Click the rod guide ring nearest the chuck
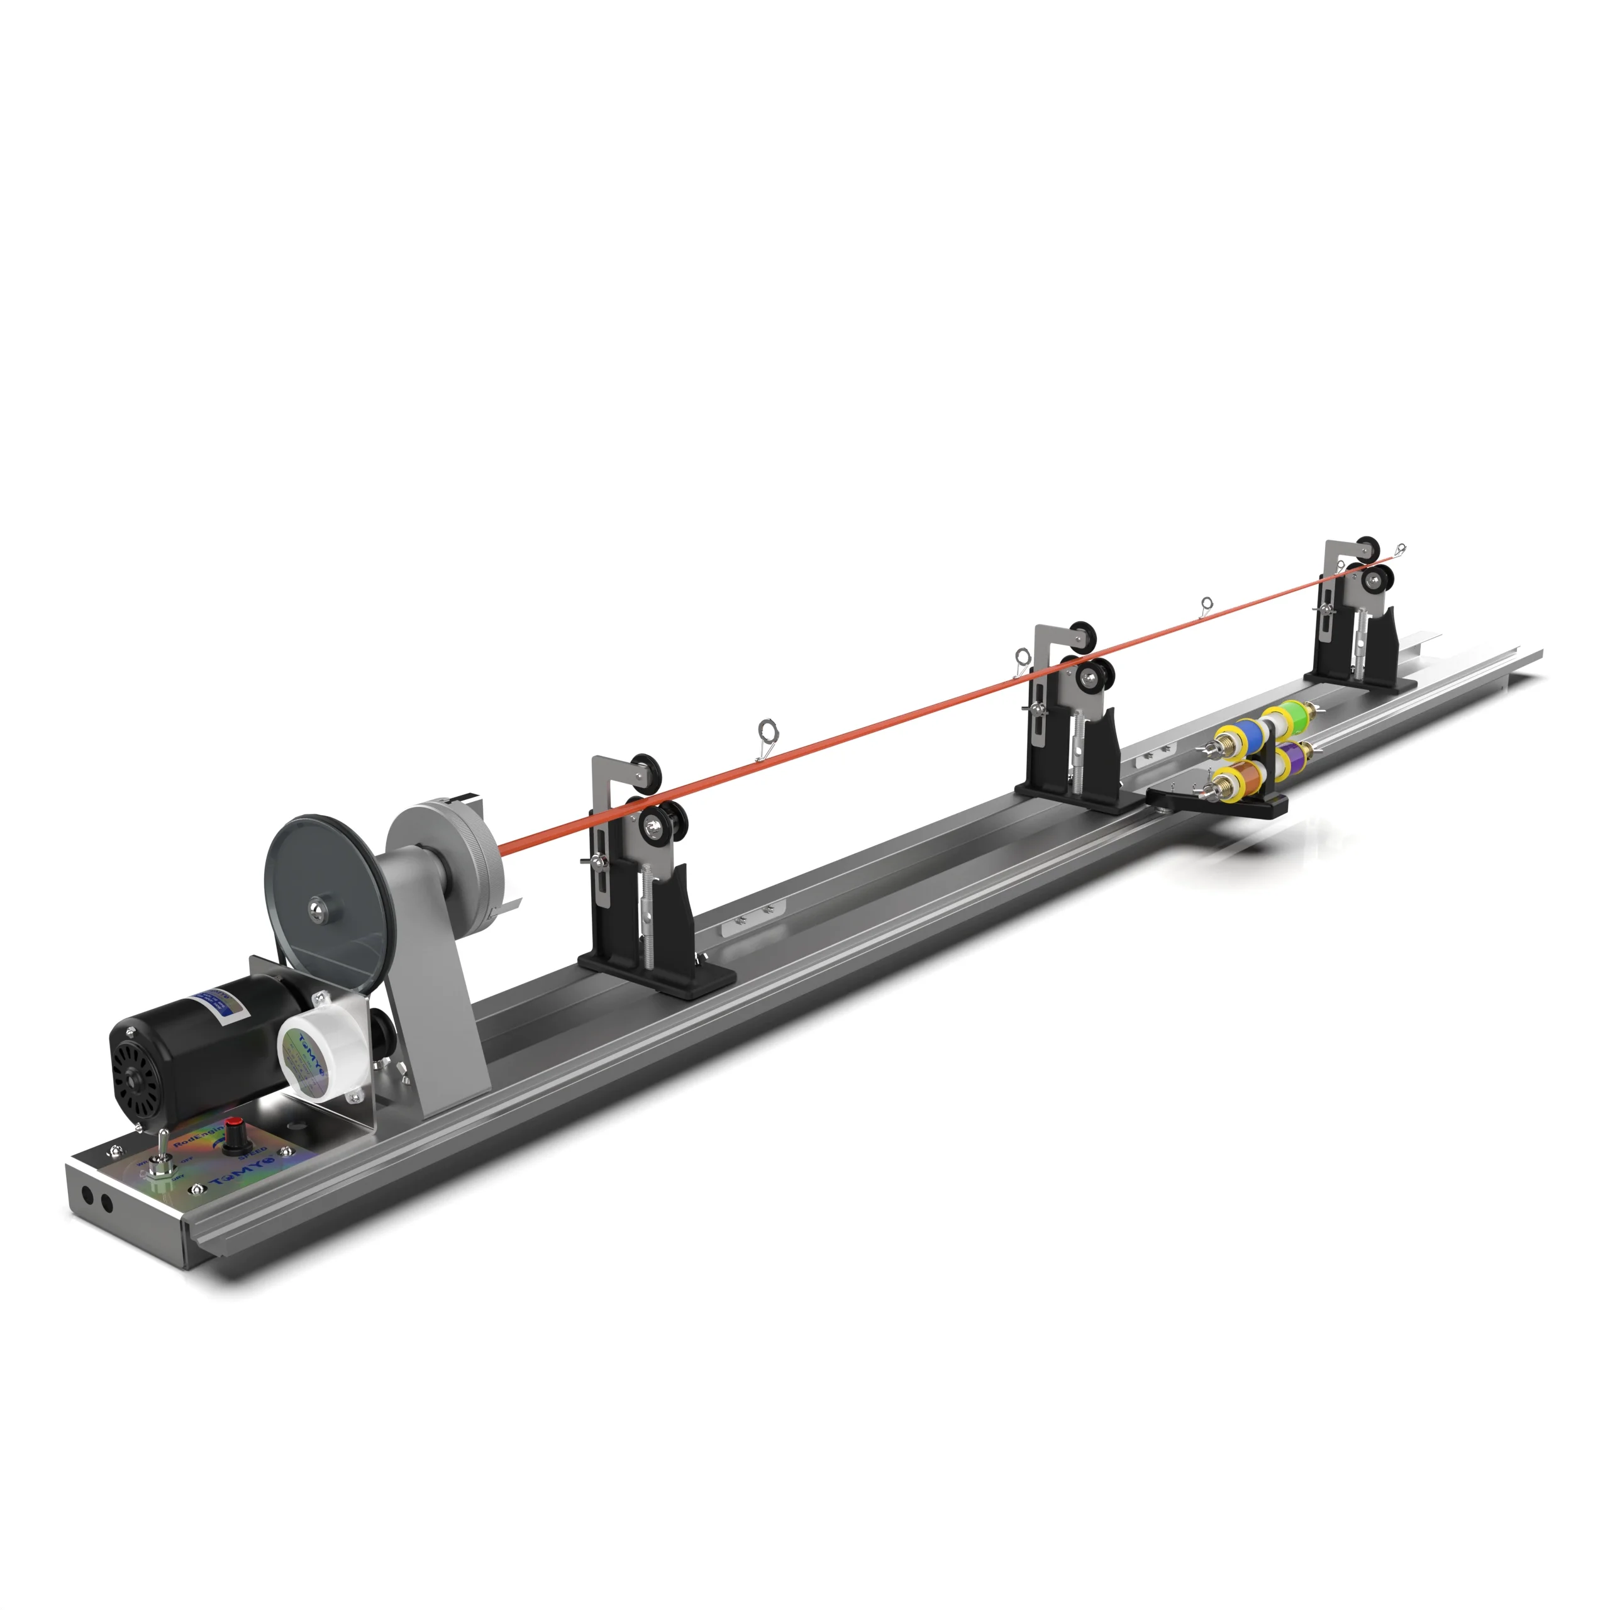pyautogui.click(x=767, y=733)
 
